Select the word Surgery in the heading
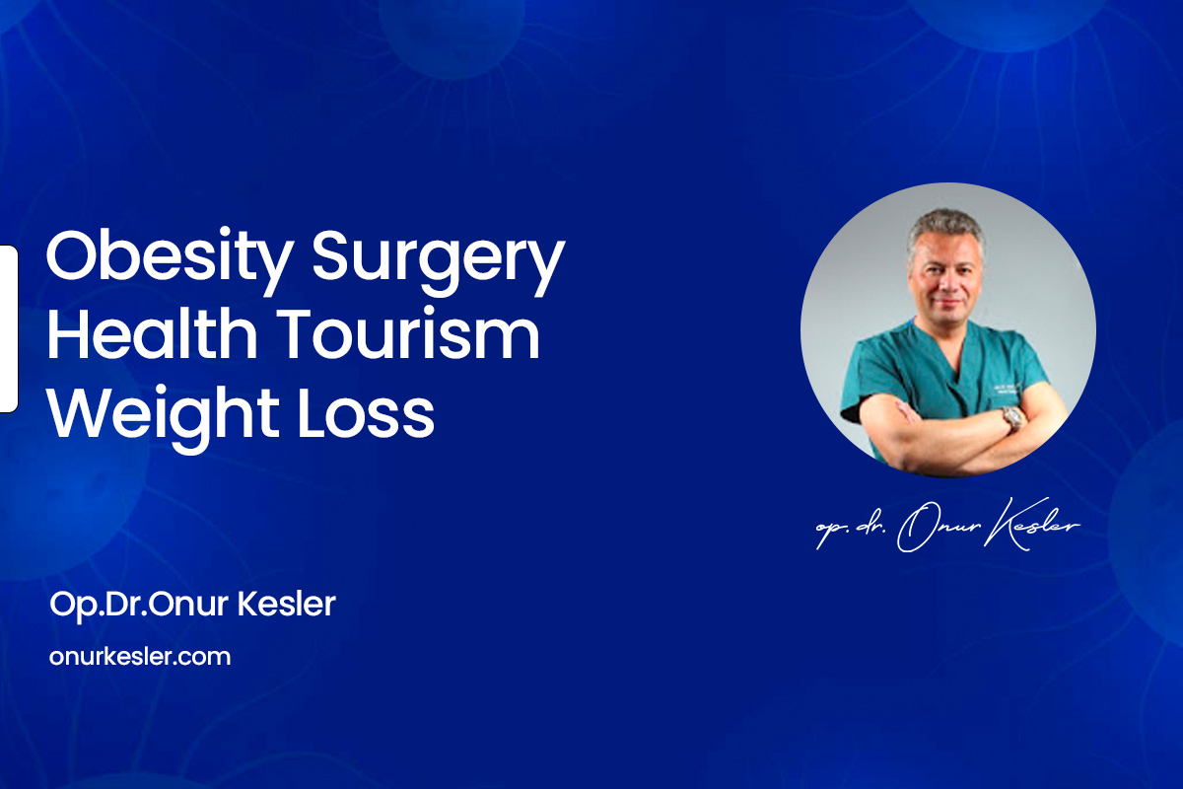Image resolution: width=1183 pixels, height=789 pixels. (439, 262)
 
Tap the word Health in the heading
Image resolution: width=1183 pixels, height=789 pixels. (152, 333)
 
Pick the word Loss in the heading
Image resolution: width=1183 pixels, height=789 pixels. (366, 410)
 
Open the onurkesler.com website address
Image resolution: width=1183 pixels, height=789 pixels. (140, 657)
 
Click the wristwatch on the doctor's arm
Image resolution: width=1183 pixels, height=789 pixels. (1012, 418)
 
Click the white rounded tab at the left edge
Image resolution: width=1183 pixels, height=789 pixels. (9, 328)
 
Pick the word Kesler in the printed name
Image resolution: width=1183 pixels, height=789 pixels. (286, 604)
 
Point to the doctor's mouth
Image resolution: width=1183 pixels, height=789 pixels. (948, 304)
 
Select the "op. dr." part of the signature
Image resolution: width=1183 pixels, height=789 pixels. (851, 529)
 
